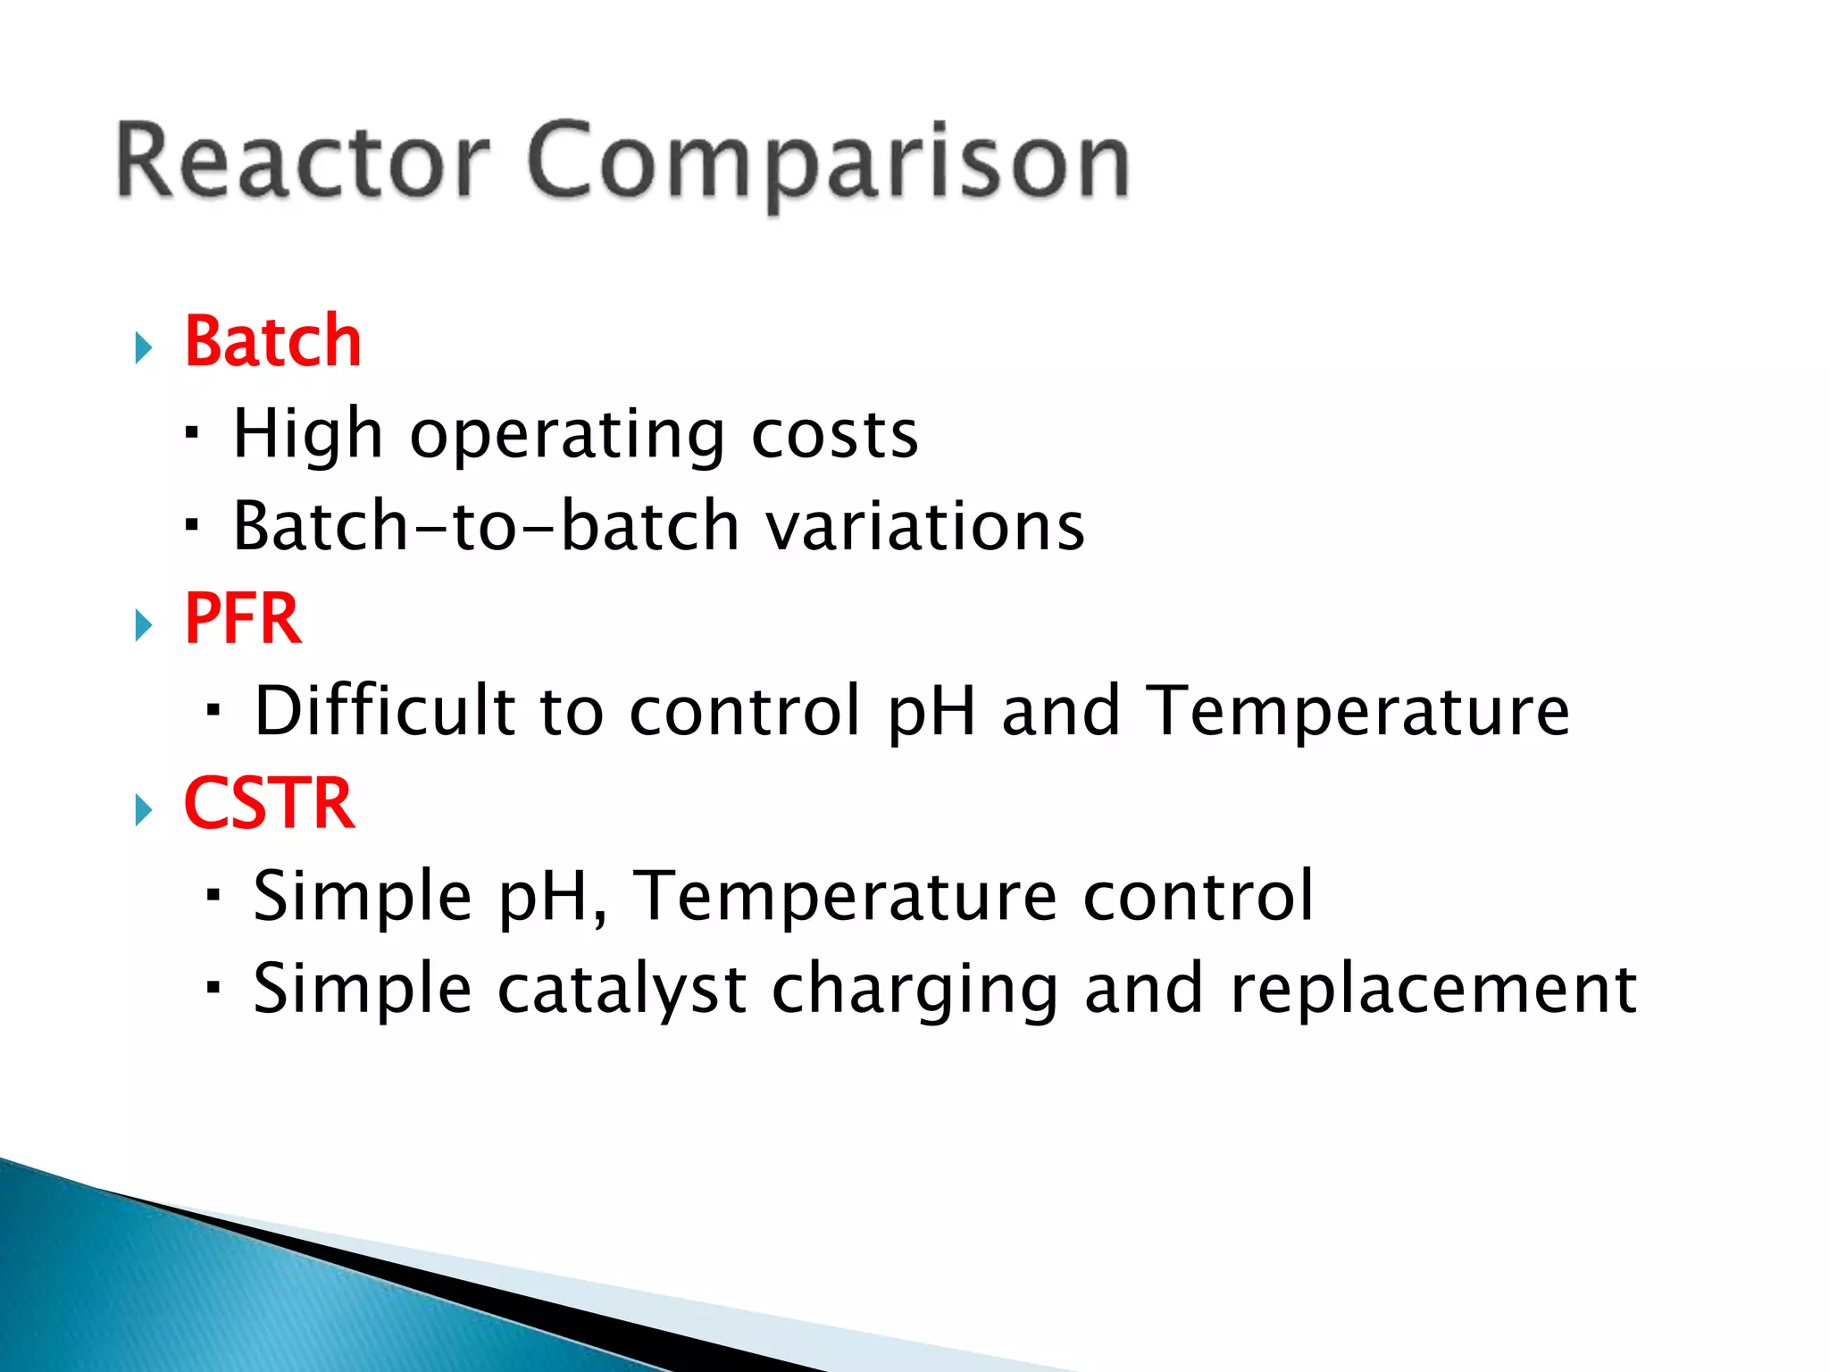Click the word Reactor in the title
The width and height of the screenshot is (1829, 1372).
click(302, 161)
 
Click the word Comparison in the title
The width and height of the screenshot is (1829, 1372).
click(829, 163)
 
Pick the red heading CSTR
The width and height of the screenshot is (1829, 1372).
click(269, 804)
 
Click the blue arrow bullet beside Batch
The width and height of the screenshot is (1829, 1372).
click(144, 347)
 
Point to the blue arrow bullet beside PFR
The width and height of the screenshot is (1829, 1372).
click(144, 624)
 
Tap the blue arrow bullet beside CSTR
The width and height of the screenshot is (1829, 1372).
click(144, 809)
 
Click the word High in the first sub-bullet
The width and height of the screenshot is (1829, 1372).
click(307, 435)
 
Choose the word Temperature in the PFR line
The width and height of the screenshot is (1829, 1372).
click(1357, 713)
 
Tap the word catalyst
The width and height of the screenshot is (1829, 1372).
click(622, 990)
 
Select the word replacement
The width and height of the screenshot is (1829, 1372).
click(1432, 990)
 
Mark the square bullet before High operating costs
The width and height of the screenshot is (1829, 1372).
click(191, 433)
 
